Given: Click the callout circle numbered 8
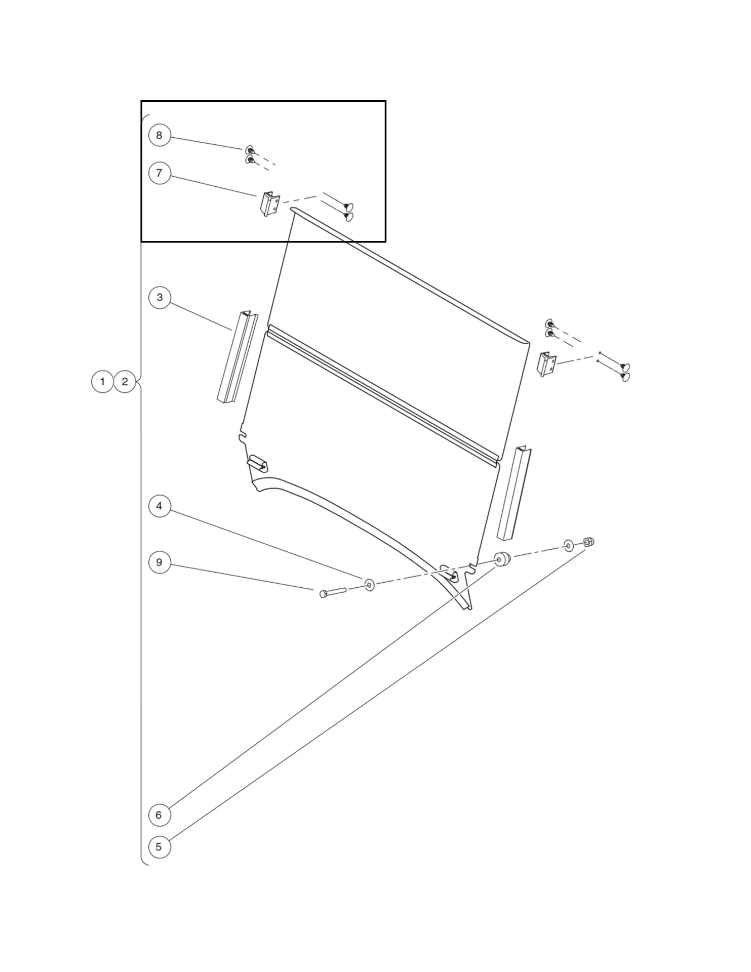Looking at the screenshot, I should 160,135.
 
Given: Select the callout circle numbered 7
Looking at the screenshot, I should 160,173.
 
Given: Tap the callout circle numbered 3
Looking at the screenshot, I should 160,297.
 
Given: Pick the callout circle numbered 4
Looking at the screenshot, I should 160,506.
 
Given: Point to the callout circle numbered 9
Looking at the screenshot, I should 160,562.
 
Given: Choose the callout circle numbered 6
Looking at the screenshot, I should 159,815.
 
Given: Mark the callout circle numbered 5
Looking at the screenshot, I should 159,846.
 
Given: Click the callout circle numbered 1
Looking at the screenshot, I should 102,381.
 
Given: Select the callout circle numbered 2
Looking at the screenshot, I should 125,381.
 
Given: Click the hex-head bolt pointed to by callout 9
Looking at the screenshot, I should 332,592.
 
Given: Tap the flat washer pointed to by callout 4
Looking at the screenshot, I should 370,586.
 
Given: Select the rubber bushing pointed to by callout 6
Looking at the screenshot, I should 502,560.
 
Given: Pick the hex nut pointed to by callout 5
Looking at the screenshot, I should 588,542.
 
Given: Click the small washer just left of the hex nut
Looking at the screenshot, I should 569,546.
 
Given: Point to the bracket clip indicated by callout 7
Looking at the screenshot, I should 270,204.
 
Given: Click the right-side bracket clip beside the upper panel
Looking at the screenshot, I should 546,364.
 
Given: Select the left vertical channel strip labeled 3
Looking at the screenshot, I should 238,357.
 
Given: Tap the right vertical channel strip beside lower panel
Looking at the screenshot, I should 514,494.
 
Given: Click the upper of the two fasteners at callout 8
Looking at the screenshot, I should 250,149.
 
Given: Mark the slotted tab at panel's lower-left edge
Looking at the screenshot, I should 258,463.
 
